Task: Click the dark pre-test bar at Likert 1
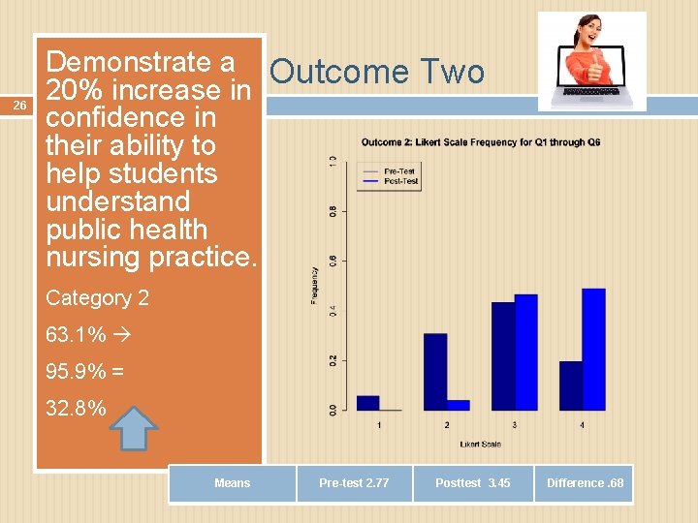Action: pyautogui.click(x=367, y=403)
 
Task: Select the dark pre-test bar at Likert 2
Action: pyautogui.click(x=435, y=372)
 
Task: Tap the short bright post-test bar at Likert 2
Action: pyautogui.click(x=458, y=405)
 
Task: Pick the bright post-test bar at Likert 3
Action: pyautogui.click(x=525, y=353)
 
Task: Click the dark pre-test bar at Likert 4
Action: pyautogui.click(x=571, y=385)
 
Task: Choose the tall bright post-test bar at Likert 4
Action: pyautogui.click(x=593, y=349)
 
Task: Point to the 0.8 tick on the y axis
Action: pyautogui.click(x=333, y=210)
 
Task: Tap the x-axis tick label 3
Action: pyautogui.click(x=515, y=425)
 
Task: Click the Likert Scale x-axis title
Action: pyautogui.click(x=481, y=445)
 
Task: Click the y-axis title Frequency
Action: pyautogui.click(x=314, y=286)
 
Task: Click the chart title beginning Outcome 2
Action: pyautogui.click(x=480, y=142)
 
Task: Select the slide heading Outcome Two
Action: pyautogui.click(x=376, y=72)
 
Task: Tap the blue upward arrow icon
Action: pyautogui.click(x=133, y=426)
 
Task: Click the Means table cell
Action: pyautogui.click(x=233, y=483)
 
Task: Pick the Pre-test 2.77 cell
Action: pyautogui.click(x=354, y=483)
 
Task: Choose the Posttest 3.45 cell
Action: pyautogui.click(x=472, y=483)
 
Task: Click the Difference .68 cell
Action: pyautogui.click(x=584, y=483)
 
